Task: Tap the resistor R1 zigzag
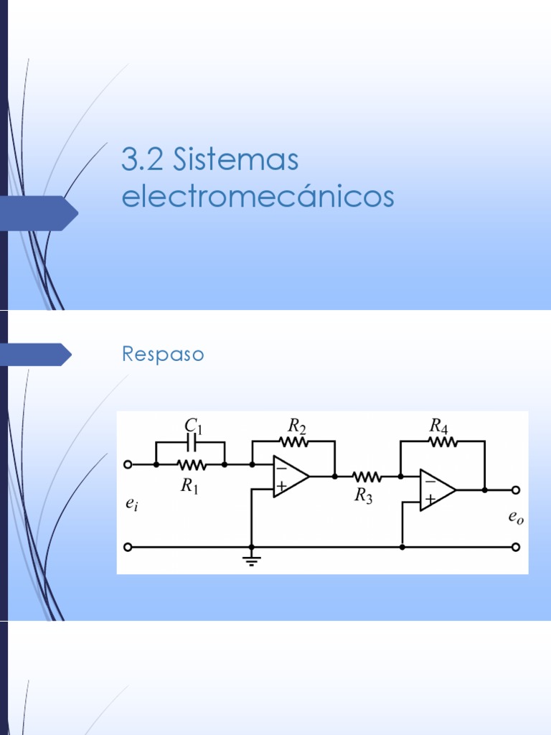(191, 464)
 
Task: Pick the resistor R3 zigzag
(366, 476)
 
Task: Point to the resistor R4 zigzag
(443, 442)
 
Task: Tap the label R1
(189, 487)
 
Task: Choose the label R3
(364, 497)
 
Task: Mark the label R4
(439, 426)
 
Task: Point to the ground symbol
(251, 559)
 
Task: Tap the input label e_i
(131, 505)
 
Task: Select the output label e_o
(516, 518)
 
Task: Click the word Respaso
(163, 355)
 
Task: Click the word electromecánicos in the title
(258, 196)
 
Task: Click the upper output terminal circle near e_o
(515, 490)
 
